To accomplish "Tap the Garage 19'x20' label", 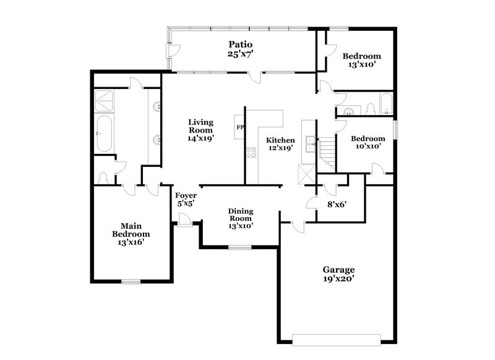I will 338,274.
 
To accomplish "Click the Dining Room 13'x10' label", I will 241,218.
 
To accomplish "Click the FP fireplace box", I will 239,128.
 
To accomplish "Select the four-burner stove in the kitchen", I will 251,152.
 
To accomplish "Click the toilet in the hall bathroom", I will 371,109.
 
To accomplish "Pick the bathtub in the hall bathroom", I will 386,105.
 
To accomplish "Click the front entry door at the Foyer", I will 183,220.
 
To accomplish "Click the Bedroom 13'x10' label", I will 361,60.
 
